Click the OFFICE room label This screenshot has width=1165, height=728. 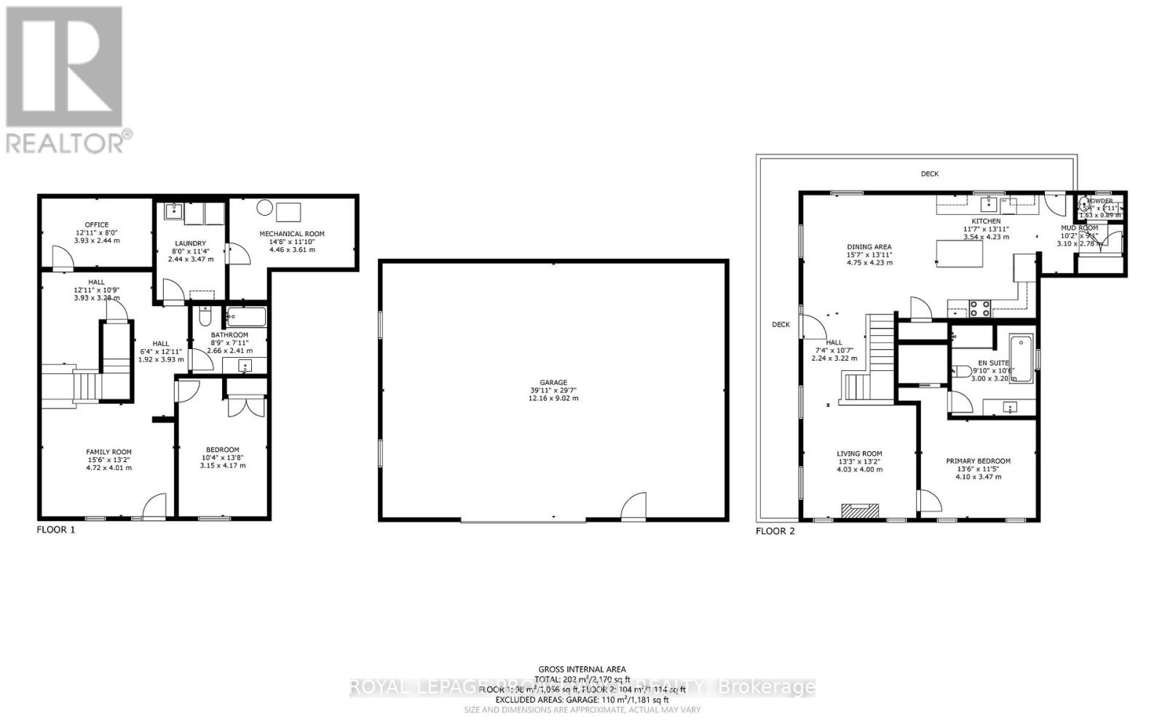click(96, 225)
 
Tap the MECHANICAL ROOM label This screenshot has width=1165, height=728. click(292, 234)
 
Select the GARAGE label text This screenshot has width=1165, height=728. click(553, 383)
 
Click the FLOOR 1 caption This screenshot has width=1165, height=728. click(56, 531)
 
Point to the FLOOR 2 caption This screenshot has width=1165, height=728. click(775, 531)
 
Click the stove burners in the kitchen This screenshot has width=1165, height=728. click(979, 309)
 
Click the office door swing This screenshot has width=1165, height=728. click(61, 257)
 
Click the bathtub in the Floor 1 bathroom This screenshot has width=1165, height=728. click(247, 317)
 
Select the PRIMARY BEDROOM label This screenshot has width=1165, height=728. click(978, 461)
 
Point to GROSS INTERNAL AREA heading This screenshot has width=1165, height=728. click(582, 669)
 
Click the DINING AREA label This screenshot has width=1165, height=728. click(869, 247)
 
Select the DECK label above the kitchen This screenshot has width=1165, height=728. click(930, 173)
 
